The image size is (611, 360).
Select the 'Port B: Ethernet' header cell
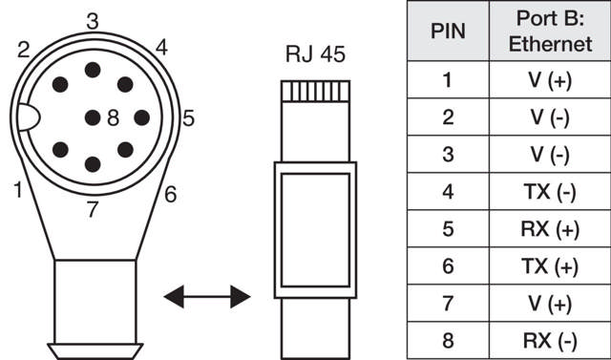[550, 31]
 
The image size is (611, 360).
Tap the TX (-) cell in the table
[550, 192]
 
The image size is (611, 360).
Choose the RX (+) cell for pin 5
[550, 229]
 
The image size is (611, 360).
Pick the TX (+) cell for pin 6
[550, 266]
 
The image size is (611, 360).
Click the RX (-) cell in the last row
[550, 340]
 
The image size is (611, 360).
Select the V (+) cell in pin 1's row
[550, 81]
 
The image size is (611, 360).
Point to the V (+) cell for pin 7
[550, 304]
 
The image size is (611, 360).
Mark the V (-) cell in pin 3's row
[550, 155]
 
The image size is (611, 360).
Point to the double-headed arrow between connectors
[206, 298]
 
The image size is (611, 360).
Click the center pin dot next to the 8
[93, 118]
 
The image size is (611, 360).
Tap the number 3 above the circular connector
[92, 20]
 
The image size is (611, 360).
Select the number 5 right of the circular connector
[189, 118]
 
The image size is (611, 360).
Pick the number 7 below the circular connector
[92, 209]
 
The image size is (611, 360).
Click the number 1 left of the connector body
[18, 189]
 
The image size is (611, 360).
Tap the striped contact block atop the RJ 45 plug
[315, 92]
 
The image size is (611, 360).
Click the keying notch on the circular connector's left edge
[26, 118]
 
